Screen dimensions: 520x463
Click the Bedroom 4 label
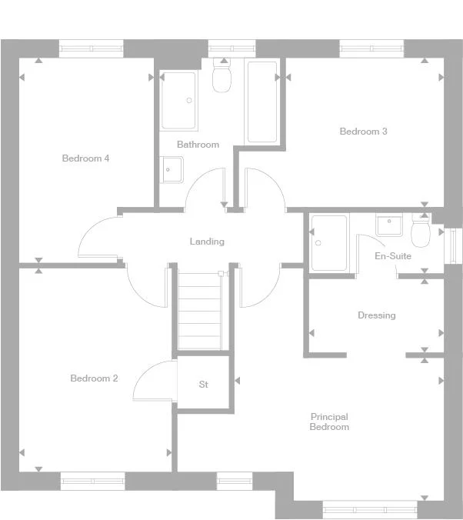click(85, 158)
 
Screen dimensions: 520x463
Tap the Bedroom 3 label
click(363, 132)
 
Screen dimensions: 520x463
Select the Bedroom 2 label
click(94, 378)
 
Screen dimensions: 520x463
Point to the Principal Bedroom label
click(329, 422)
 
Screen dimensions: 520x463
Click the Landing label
click(207, 242)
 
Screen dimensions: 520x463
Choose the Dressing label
click(376, 315)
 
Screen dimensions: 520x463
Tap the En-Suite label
click(392, 256)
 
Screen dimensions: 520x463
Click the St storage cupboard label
click(204, 384)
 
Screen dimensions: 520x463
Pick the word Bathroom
click(198, 145)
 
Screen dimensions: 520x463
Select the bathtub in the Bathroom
click(261, 102)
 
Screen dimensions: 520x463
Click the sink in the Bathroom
click(172, 168)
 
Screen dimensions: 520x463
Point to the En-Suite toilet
click(421, 231)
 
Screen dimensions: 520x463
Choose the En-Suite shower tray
click(328, 242)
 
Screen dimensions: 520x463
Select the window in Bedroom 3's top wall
click(371, 48)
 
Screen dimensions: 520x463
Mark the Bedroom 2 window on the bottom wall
click(92, 481)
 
